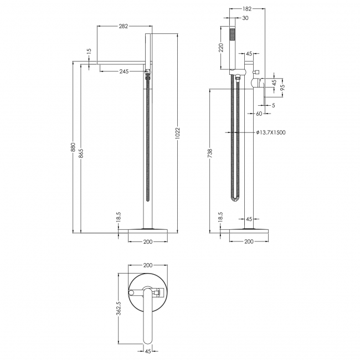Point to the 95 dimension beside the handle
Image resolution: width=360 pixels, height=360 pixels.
[282, 88]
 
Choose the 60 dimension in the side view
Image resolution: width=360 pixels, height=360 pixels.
[258, 114]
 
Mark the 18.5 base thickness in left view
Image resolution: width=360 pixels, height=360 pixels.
[118, 217]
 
